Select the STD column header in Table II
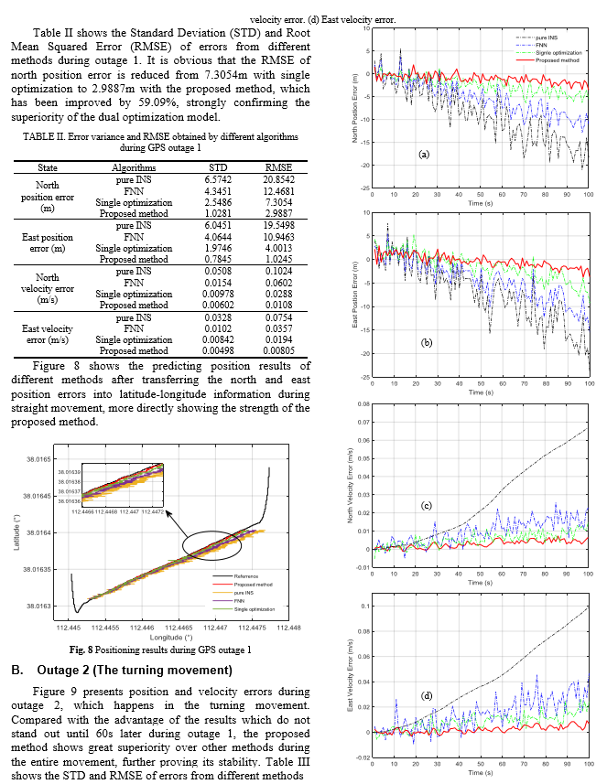[218, 168]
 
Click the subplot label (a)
[423, 155]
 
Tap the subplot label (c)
[426, 505]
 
